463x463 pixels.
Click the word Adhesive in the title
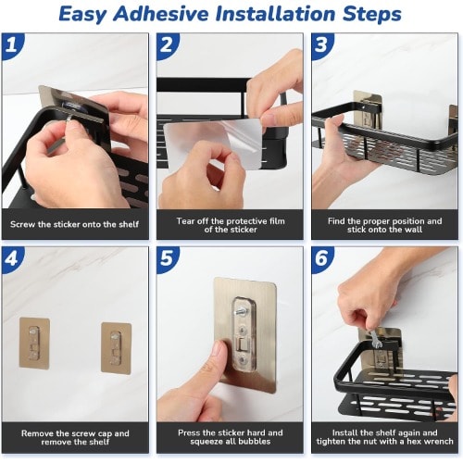(x=161, y=14)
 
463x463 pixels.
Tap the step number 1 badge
(x=12, y=45)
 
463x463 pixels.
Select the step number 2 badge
(x=167, y=45)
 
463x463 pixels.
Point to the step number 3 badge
(x=321, y=45)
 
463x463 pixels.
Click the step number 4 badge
(x=12, y=258)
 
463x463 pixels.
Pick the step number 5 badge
(x=167, y=258)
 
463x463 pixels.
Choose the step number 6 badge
(x=321, y=258)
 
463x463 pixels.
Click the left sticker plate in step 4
(x=34, y=343)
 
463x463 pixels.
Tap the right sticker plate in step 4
(x=117, y=348)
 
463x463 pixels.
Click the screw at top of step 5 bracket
(x=244, y=310)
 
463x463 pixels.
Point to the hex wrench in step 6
(x=375, y=341)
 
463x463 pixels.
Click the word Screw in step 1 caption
(x=22, y=224)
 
